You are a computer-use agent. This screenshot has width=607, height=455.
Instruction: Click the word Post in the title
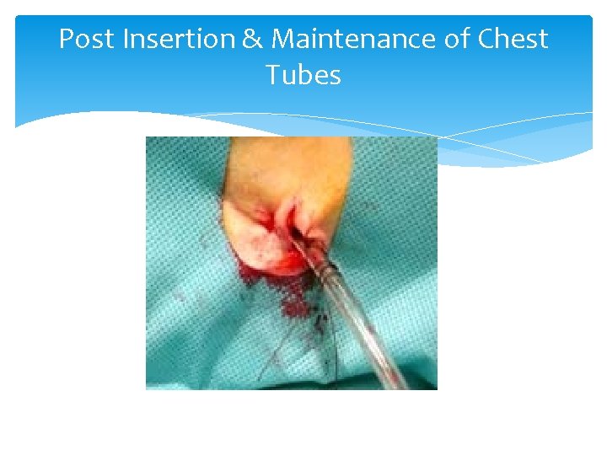87,39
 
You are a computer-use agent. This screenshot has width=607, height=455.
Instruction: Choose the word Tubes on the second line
303,75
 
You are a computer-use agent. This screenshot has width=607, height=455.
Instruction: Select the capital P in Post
67,39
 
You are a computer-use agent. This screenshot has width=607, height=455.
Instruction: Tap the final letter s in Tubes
335,77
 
